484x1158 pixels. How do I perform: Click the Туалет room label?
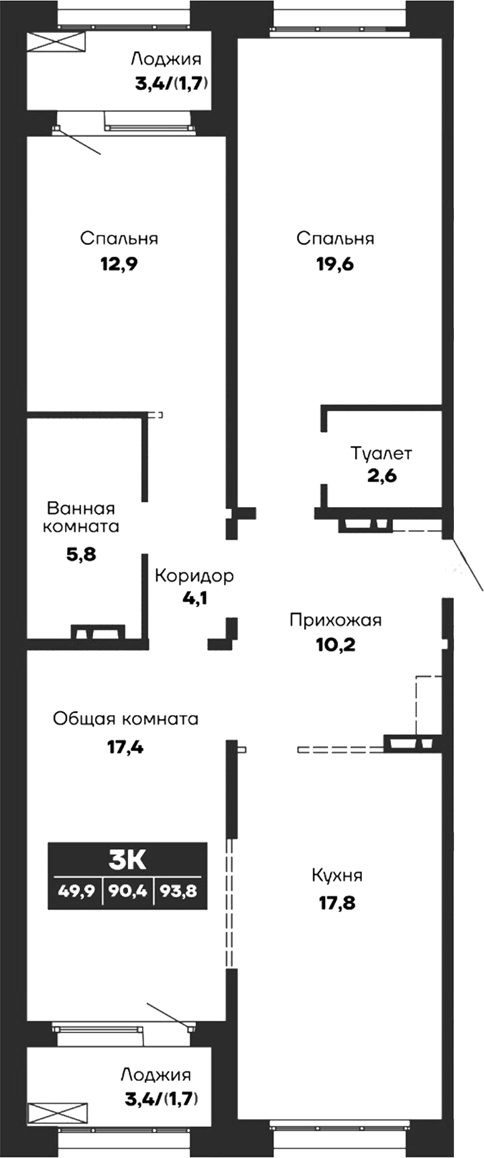(381, 454)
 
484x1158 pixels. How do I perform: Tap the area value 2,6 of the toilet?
(382, 477)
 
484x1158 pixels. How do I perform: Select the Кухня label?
(337, 876)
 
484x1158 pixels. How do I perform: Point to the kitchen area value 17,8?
(337, 902)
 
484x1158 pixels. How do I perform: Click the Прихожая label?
(335, 620)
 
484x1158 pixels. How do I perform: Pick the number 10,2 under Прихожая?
(335, 645)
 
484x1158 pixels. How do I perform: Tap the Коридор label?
(194, 576)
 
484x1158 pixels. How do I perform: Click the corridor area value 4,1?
(194, 598)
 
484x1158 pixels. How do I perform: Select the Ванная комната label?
(80, 517)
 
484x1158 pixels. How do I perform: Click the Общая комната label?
(125, 719)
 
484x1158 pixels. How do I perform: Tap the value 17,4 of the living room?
(125, 745)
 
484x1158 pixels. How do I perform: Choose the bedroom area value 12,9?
(119, 264)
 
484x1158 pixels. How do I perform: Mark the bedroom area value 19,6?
(335, 264)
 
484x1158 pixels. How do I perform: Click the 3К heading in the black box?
(127, 859)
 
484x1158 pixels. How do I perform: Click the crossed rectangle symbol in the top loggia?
(56, 42)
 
